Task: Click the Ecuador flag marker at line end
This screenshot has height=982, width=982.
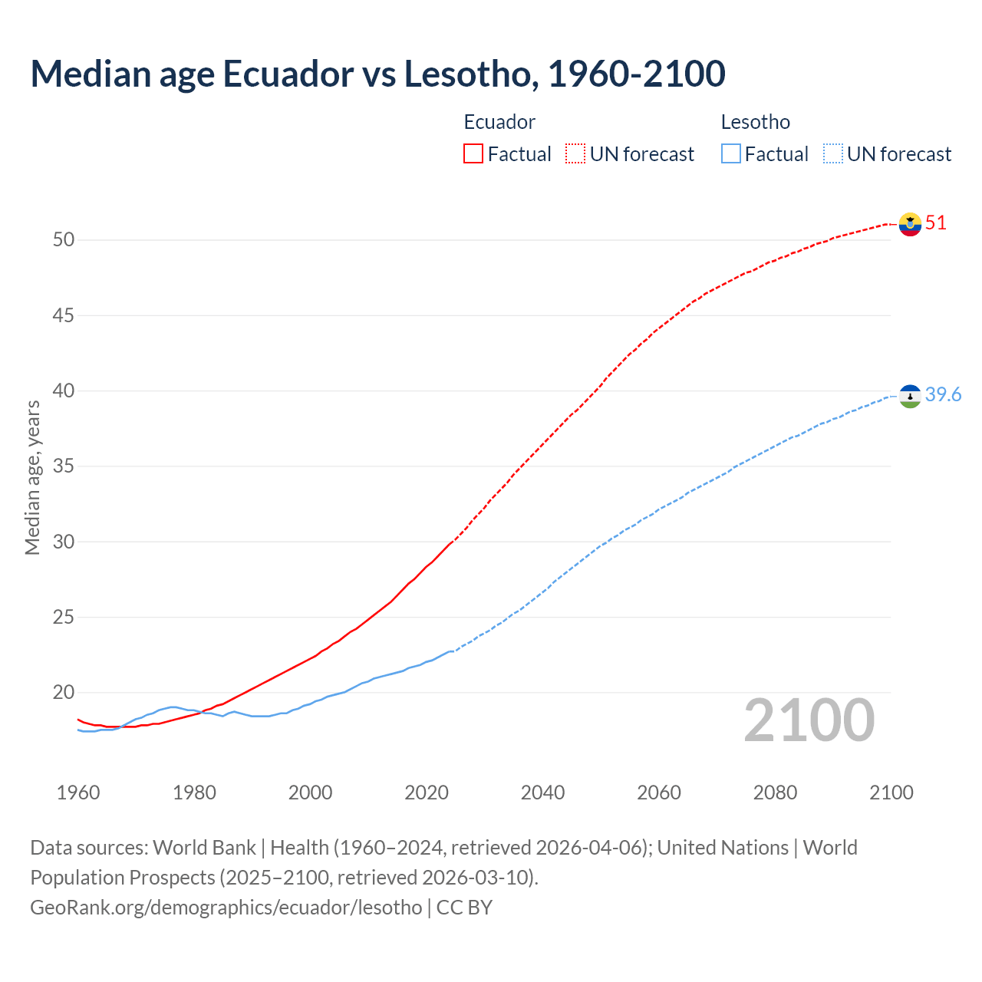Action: (910, 224)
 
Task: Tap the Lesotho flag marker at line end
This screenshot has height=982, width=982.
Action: (910, 396)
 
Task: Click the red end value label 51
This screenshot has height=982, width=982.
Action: (936, 223)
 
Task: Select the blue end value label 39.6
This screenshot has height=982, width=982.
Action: (943, 395)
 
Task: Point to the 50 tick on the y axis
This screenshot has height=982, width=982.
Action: (64, 240)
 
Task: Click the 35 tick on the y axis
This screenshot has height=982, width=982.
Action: (64, 466)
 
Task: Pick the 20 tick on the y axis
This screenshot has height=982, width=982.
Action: (64, 693)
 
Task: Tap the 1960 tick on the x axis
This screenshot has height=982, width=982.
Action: (78, 793)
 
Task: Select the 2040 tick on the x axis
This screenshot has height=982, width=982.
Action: (542, 793)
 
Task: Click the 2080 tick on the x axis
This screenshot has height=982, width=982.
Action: (775, 793)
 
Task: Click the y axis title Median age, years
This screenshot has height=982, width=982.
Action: (32, 477)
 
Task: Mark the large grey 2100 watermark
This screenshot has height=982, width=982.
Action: (809, 720)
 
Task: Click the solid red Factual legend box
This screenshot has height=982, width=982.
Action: (473, 153)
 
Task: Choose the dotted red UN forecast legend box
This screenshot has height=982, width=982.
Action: (575, 153)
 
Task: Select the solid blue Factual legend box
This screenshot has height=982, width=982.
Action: (731, 153)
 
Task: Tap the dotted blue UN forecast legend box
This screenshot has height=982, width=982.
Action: (833, 153)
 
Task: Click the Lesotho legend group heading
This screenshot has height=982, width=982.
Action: (755, 122)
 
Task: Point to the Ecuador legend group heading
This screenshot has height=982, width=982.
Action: (499, 122)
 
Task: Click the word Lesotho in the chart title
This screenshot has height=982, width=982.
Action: (466, 74)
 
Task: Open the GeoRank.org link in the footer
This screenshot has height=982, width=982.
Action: (226, 908)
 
